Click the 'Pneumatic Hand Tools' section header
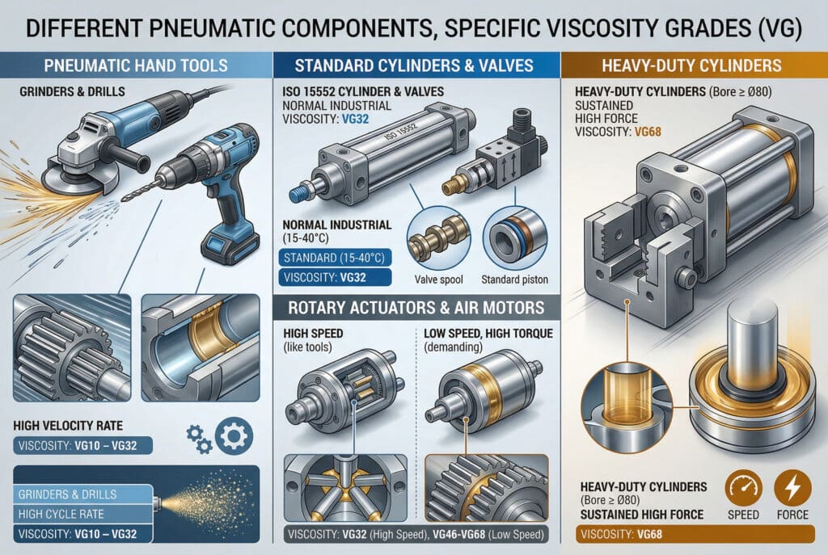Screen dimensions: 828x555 136,65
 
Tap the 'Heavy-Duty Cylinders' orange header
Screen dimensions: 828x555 692,65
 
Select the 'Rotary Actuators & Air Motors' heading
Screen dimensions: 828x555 416,308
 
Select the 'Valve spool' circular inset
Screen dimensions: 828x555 439,239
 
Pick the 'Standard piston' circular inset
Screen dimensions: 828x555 514,239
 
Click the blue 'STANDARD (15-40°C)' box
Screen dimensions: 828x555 335,258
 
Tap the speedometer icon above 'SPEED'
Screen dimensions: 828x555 744,489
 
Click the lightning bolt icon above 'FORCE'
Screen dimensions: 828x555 792,489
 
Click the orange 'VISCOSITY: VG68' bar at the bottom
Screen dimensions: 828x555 695,534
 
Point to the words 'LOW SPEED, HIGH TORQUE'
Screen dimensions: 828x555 488,334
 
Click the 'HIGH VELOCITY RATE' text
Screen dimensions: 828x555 68,426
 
